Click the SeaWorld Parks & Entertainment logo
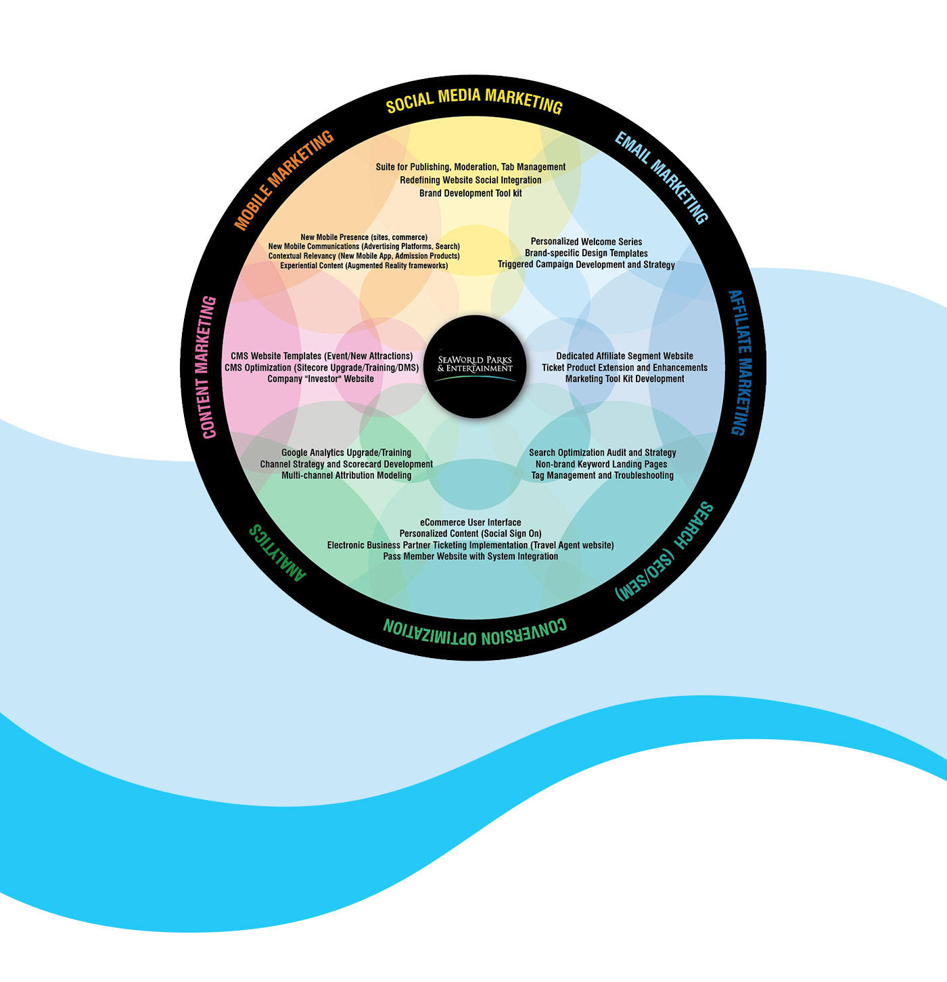(475, 365)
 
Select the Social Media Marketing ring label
(474, 100)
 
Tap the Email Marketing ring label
(662, 177)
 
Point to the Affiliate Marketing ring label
(740, 363)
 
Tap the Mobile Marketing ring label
(284, 180)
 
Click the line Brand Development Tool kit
(471, 193)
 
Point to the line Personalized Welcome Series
(586, 241)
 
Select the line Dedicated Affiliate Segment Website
(624, 356)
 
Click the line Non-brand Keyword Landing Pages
(601, 464)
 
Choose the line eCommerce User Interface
(471, 522)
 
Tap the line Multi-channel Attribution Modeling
(346, 475)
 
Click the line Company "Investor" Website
(321, 379)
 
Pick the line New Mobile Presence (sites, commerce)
(364, 237)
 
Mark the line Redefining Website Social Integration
(471, 180)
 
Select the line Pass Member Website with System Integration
(471, 556)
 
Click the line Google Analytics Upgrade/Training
(346, 452)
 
